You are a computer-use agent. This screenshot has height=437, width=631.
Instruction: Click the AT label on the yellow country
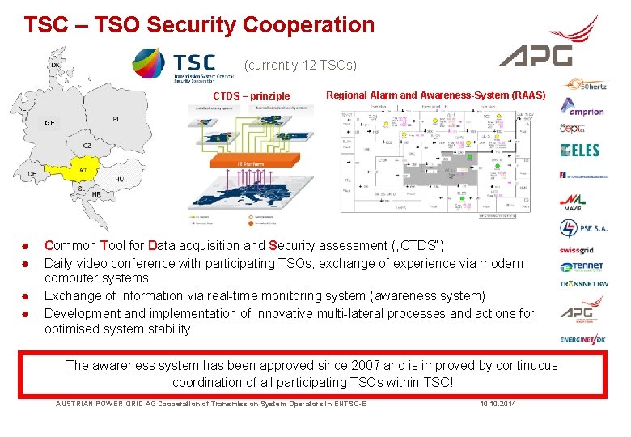[x=83, y=170]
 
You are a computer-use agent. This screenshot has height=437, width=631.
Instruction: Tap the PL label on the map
[x=116, y=119]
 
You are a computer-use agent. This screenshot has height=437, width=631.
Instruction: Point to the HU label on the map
[x=119, y=179]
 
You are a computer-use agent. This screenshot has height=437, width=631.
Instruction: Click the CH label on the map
[x=32, y=174]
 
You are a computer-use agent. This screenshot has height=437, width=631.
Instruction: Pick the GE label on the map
[x=50, y=124]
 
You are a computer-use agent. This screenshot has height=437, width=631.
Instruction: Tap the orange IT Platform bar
[x=251, y=163]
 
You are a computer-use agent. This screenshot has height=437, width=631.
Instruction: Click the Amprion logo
[x=582, y=110]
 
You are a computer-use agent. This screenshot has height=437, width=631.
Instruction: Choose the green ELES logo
[x=580, y=150]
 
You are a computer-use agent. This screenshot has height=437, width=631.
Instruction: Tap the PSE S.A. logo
[x=581, y=227]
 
